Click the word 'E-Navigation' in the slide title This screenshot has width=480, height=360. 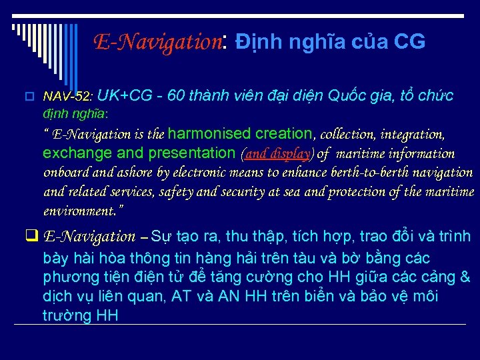click(x=158, y=43)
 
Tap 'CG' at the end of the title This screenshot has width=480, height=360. click(x=409, y=43)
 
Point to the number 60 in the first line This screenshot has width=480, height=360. click(x=177, y=96)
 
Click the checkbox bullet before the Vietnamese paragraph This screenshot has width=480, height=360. click(x=31, y=236)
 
